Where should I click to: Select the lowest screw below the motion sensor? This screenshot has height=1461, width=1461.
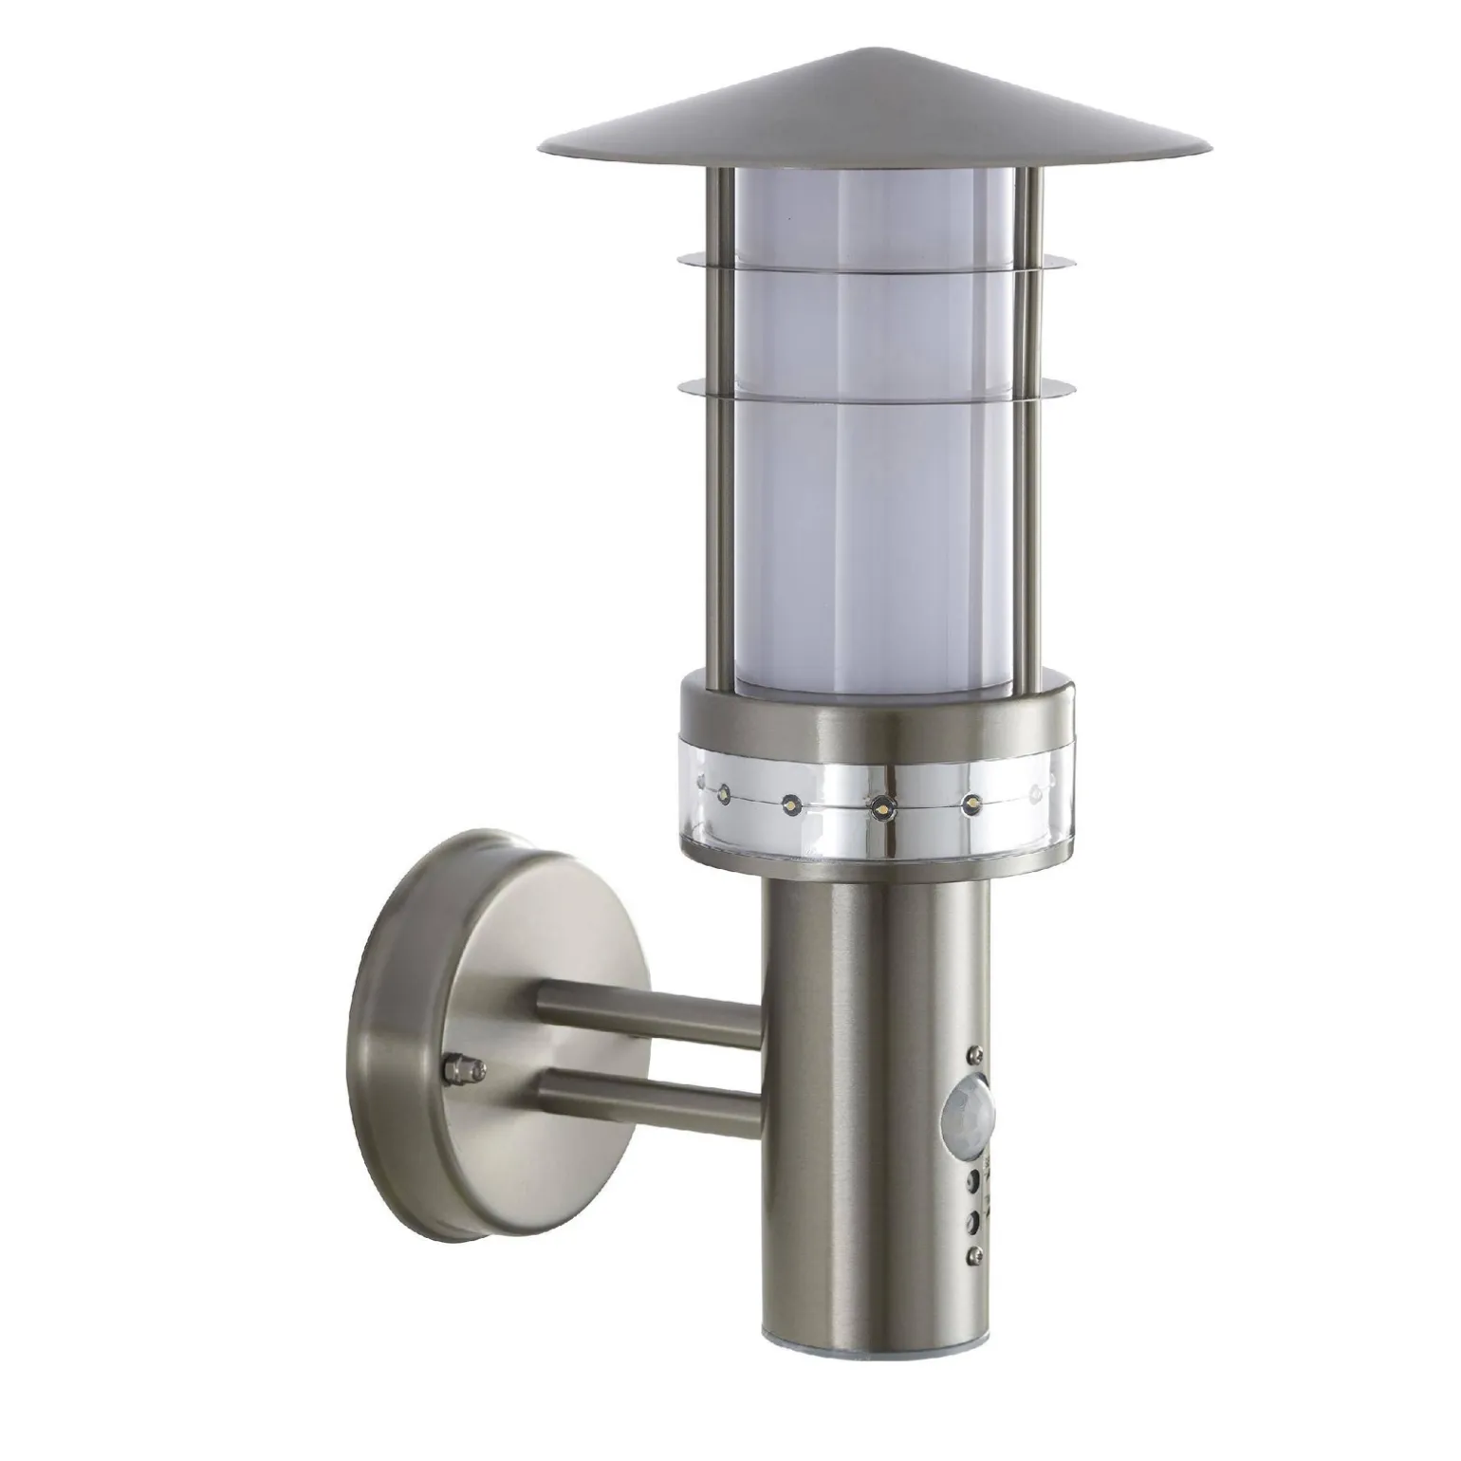click(x=972, y=1255)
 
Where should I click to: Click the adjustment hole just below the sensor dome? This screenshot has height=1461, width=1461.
click(x=972, y=1182)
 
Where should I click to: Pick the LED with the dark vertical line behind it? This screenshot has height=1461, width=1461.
click(x=881, y=807)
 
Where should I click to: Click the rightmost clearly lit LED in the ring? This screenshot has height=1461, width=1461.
click(x=971, y=804)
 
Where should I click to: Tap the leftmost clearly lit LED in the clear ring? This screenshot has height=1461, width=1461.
click(x=723, y=789)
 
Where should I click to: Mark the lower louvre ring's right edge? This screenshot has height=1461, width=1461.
click(x=1074, y=387)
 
